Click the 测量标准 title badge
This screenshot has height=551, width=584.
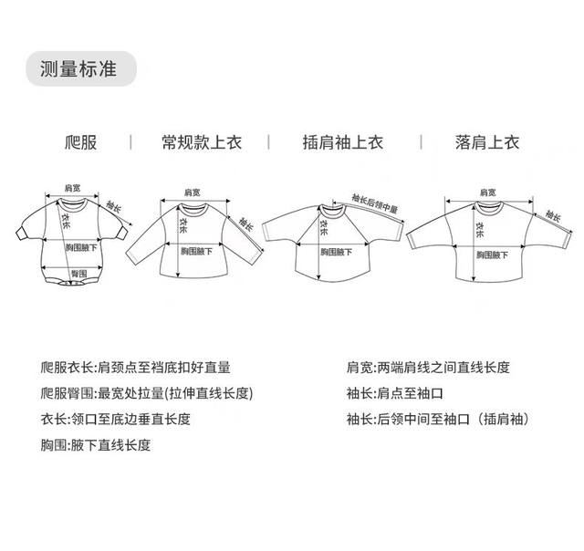point(81,68)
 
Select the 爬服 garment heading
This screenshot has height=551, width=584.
point(81,142)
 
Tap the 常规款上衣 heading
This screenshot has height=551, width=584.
point(198,142)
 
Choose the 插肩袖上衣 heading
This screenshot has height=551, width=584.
point(343,142)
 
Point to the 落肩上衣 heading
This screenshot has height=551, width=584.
point(487,142)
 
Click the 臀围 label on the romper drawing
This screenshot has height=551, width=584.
point(78,273)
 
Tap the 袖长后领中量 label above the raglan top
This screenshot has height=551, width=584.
point(375,202)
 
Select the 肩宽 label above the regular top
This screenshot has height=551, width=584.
point(193,192)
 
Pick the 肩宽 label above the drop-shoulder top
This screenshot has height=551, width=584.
point(488,192)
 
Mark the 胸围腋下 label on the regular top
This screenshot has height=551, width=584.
point(195,251)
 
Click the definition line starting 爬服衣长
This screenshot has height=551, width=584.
point(136,368)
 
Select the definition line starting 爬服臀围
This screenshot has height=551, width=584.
point(146,394)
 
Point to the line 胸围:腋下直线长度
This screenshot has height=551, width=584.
point(95,446)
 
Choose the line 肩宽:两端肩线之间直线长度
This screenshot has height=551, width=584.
point(427,368)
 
